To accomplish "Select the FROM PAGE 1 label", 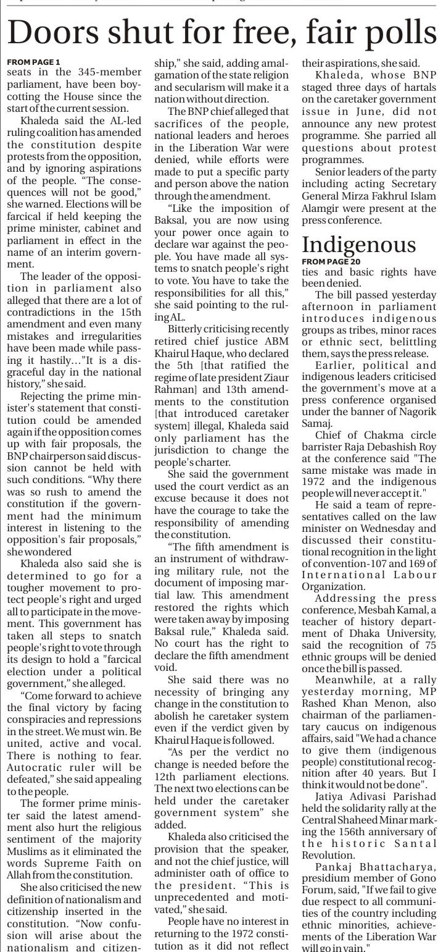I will [x=33, y=62].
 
